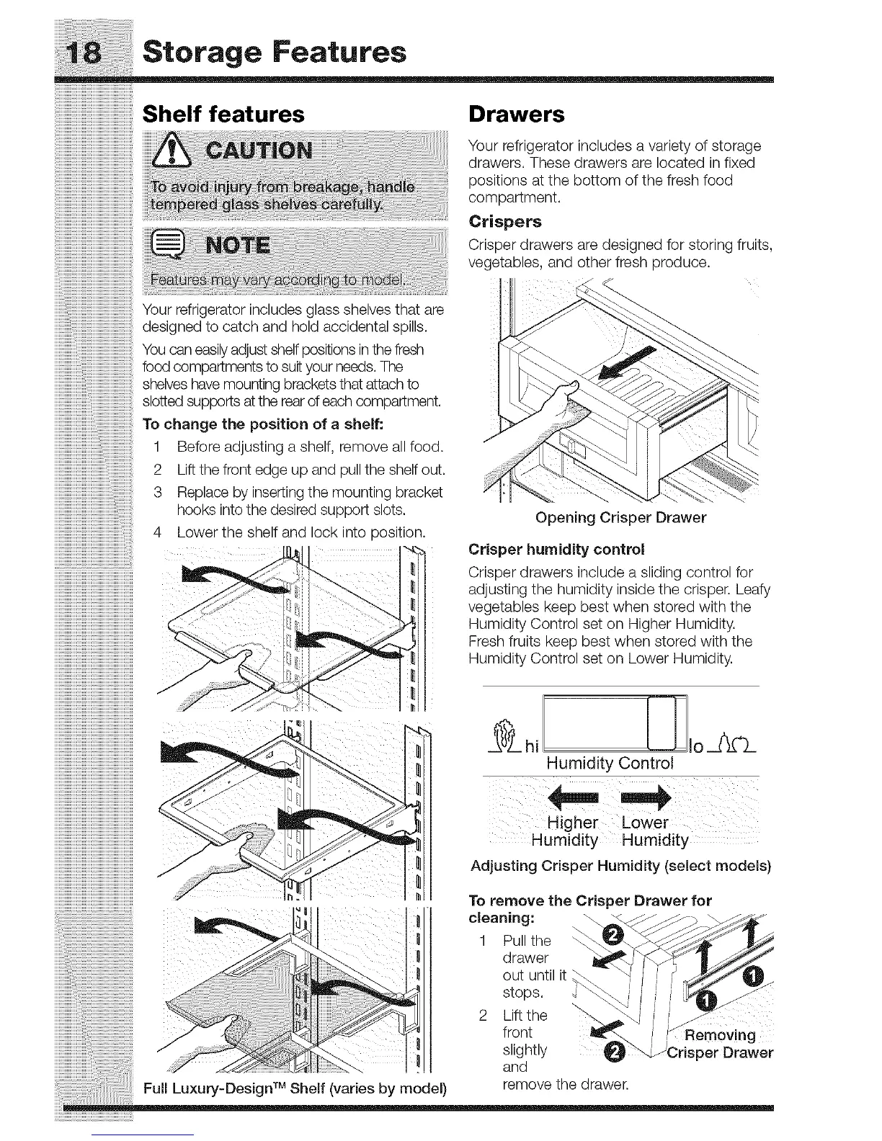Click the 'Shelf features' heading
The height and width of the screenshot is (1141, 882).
click(x=223, y=114)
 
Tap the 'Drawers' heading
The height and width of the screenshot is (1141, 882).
click(x=516, y=114)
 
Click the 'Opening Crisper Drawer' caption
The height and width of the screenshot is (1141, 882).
click(x=620, y=517)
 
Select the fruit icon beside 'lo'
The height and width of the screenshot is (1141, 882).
click(x=734, y=742)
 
